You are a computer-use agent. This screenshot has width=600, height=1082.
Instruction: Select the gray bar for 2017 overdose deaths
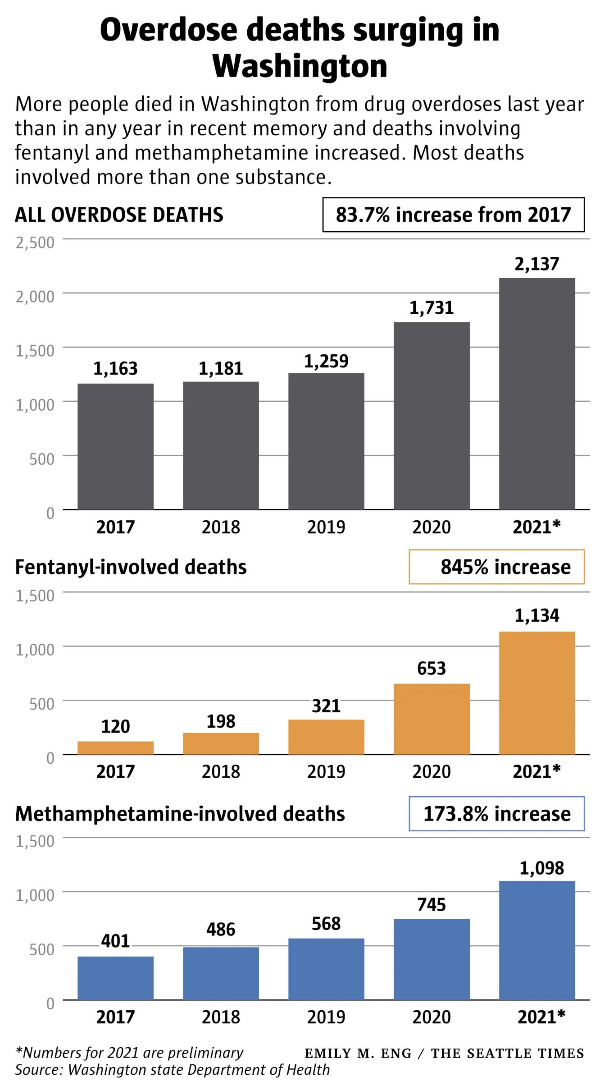pos(115,446)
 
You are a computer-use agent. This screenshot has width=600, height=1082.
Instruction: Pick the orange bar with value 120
pos(115,747)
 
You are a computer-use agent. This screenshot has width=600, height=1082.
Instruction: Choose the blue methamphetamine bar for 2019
pos(326,969)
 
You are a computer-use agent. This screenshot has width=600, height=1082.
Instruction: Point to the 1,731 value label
pos(432,308)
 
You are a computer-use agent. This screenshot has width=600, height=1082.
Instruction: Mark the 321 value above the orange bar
pos(326,706)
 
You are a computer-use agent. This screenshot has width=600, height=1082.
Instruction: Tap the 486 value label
pos(221,929)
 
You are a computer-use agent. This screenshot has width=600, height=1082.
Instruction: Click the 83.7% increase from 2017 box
pos(453,215)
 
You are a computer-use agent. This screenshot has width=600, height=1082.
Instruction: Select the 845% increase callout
pos(496,567)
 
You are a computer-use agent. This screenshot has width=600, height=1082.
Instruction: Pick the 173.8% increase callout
pos(496,814)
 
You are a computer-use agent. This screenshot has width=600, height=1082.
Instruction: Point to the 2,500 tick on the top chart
pos(35,243)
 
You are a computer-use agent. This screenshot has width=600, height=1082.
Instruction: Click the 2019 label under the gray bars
pos(326,527)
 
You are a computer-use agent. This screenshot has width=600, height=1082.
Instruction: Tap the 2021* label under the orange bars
pos(537,771)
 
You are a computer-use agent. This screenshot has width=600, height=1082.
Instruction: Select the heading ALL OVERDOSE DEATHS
pos(119,215)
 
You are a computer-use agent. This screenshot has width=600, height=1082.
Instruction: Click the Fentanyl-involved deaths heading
pos(131,567)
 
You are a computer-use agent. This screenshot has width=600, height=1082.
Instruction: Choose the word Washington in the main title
pos(300,67)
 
